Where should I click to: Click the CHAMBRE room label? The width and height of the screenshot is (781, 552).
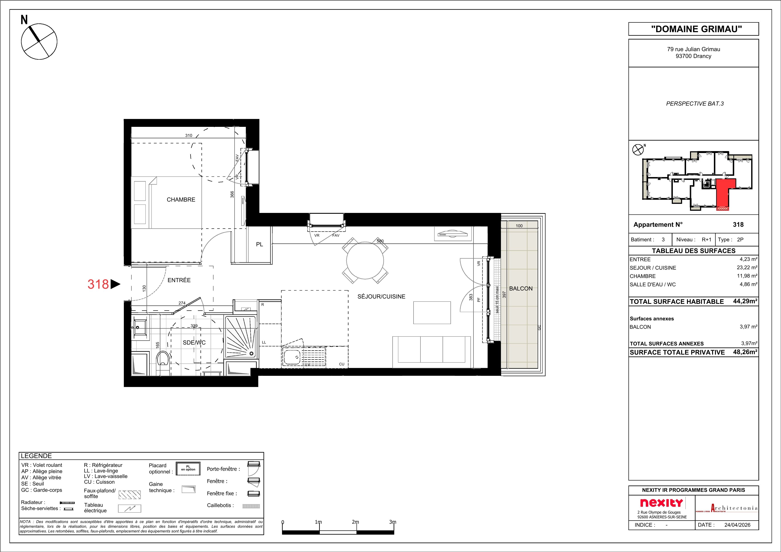click(x=181, y=200)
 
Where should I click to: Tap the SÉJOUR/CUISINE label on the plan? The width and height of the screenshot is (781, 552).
click(x=381, y=297)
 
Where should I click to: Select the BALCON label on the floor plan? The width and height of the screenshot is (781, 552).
click(x=521, y=288)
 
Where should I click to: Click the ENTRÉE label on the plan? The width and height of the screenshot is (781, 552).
click(x=179, y=280)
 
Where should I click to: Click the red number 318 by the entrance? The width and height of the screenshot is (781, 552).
click(x=98, y=284)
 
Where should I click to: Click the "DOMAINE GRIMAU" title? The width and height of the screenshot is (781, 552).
click(x=694, y=29)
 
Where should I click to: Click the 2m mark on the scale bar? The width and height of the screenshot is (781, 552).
click(x=355, y=522)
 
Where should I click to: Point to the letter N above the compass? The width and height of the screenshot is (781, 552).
click(x=24, y=20)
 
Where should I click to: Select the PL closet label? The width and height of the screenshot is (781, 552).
click(x=259, y=244)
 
